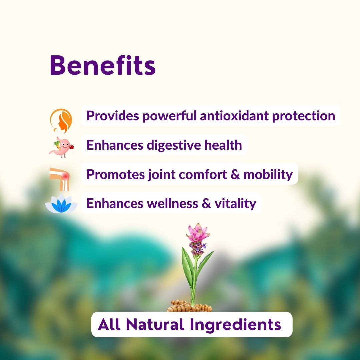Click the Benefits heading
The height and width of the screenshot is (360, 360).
tap(103, 65)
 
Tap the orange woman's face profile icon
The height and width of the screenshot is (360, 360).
tap(61, 121)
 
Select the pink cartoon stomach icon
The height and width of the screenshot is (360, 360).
tap(61, 147)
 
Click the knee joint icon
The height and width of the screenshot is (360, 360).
tap(59, 179)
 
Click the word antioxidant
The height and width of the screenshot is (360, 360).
tap(234, 115)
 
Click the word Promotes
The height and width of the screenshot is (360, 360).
tap(116, 174)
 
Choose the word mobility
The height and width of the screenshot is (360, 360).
tap(268, 175)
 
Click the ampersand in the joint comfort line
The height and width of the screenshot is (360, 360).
tap(235, 174)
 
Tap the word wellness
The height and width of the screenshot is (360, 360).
tap(172, 204)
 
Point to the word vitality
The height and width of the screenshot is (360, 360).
tap(235, 204)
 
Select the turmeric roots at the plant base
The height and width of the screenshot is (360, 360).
tap(190, 306)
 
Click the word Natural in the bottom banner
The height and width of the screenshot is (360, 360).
tap(155, 324)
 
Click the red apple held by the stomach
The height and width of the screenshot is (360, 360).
tap(72, 146)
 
